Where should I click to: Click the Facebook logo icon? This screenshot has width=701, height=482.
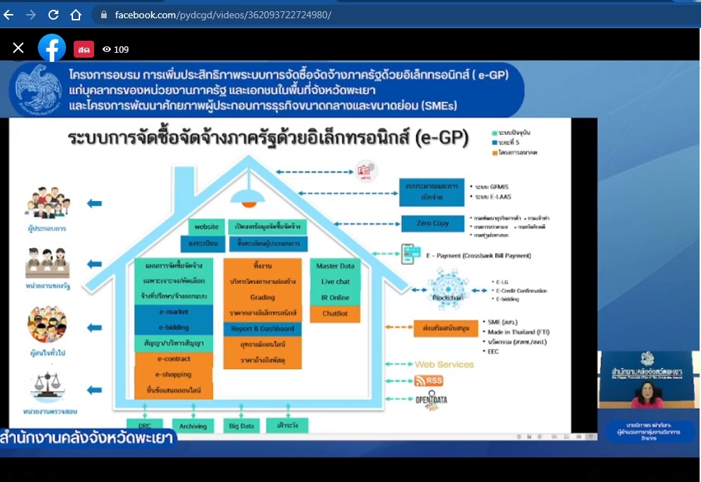coord(52,48)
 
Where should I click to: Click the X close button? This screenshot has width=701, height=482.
coord(18,48)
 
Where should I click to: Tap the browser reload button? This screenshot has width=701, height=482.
coord(53,14)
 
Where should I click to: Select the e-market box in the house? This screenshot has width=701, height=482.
coord(173,312)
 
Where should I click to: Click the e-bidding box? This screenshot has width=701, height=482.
coord(173,327)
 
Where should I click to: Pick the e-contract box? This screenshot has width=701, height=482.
coord(173,359)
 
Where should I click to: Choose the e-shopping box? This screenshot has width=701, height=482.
coord(173,374)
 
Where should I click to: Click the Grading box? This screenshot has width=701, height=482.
coord(263,297)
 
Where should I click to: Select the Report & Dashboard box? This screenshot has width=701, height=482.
coord(263,329)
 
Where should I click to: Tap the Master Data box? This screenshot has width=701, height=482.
coord(335,266)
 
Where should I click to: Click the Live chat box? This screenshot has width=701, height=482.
coord(335,282)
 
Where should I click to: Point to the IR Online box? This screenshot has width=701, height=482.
coord(335,298)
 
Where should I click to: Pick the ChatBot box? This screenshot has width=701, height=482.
coord(335,313)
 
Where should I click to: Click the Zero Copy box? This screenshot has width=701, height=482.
coord(432,223)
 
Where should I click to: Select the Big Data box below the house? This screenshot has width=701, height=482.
coord(241,426)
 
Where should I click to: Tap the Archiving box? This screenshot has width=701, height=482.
coord(192,426)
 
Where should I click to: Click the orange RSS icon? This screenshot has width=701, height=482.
coord(428,381)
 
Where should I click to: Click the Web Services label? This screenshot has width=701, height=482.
coord(444,364)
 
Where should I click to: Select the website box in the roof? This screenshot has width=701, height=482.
coord(207,227)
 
